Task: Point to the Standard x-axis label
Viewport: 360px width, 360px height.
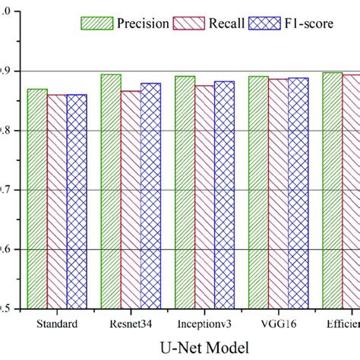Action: coord(57,324)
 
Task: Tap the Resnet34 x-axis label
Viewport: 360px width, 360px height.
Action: coord(131,324)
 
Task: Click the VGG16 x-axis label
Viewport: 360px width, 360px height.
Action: coord(278,324)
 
